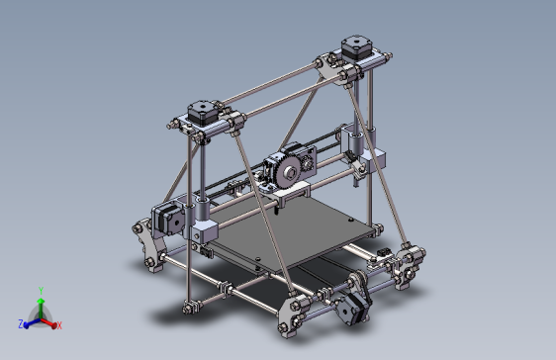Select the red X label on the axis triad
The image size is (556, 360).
pos(59,324)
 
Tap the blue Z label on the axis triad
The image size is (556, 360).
pos(21,323)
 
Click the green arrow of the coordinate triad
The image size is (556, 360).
pos(40,303)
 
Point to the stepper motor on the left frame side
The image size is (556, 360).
pos(167,219)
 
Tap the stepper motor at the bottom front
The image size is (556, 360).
pos(351,302)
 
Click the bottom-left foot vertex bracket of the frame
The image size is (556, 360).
pos(148,247)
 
